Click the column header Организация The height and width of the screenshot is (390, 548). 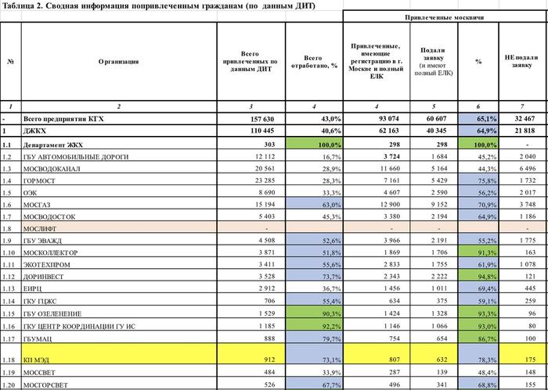[119, 61]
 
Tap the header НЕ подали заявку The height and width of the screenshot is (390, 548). [521, 61]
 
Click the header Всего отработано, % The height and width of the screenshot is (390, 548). [312, 61]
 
